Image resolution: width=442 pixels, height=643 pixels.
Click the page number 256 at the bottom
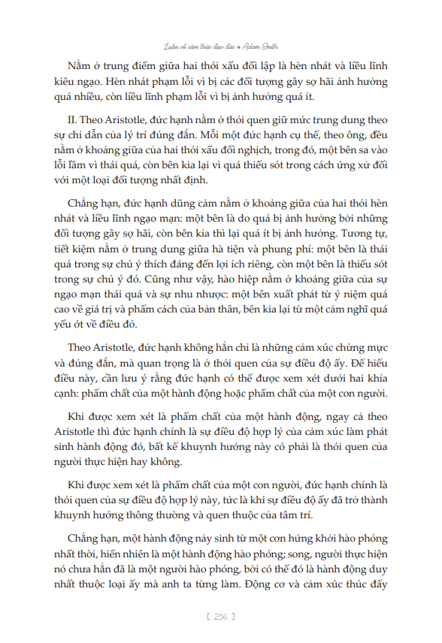point(221,616)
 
